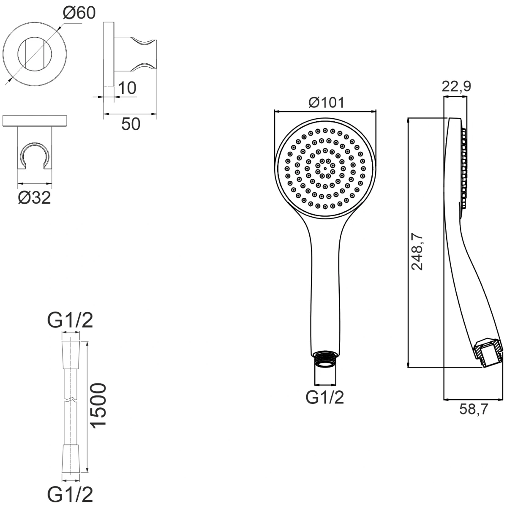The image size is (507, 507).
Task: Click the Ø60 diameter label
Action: [x=79, y=13]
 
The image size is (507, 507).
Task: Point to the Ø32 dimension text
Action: [x=34, y=198]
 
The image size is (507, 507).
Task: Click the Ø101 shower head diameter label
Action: [x=326, y=102]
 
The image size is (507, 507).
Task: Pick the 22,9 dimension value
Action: [x=456, y=86]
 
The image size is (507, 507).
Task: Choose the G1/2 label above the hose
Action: [x=70, y=320]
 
